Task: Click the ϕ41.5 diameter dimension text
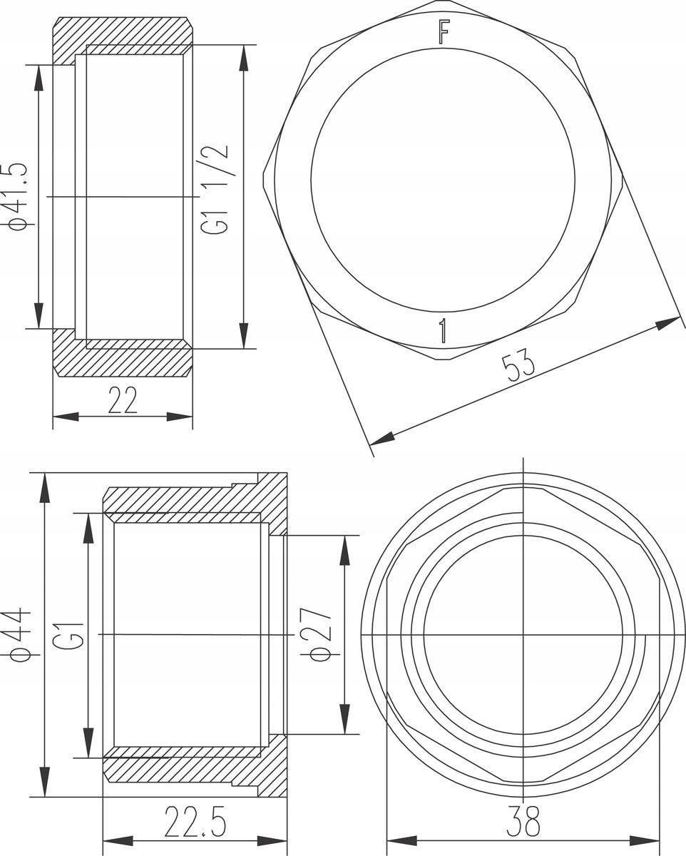click(x=19, y=196)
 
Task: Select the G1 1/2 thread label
click(x=215, y=190)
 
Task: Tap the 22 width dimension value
click(x=122, y=402)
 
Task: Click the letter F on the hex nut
click(x=444, y=32)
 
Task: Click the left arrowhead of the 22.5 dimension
click(x=117, y=840)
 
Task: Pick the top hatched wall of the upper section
click(x=122, y=32)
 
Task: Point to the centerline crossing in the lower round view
click(x=523, y=634)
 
